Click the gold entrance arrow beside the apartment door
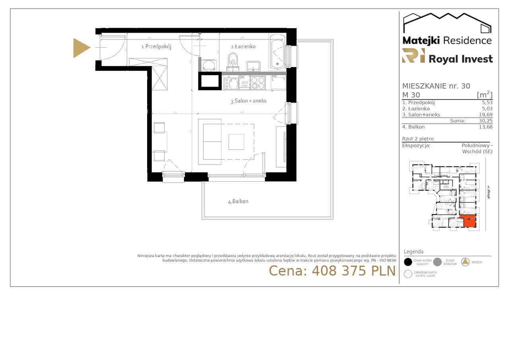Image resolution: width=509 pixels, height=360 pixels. click(81, 48)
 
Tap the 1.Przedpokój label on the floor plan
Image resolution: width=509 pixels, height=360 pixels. click(156, 46)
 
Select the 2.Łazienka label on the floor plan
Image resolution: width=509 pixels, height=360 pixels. click(243, 46)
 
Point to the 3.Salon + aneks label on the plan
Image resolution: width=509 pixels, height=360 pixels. click(248, 101)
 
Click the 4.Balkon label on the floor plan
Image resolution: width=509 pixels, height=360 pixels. click(238, 201)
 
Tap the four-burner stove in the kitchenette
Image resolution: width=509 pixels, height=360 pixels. click(257, 82)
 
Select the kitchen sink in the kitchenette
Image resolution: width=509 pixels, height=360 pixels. click(231, 83)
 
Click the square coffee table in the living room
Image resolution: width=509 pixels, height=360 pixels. click(236, 141)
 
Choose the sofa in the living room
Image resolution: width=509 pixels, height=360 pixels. click(212, 141)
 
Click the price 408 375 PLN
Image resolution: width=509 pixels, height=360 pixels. click(332, 271)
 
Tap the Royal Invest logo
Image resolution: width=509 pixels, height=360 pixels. click(447, 56)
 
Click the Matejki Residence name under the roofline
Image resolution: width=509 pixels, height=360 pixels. click(447, 40)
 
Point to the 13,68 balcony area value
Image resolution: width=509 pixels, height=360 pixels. click(486, 127)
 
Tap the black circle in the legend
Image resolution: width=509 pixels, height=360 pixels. click(408, 262)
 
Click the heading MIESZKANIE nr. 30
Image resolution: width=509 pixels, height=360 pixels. click(436, 86)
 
